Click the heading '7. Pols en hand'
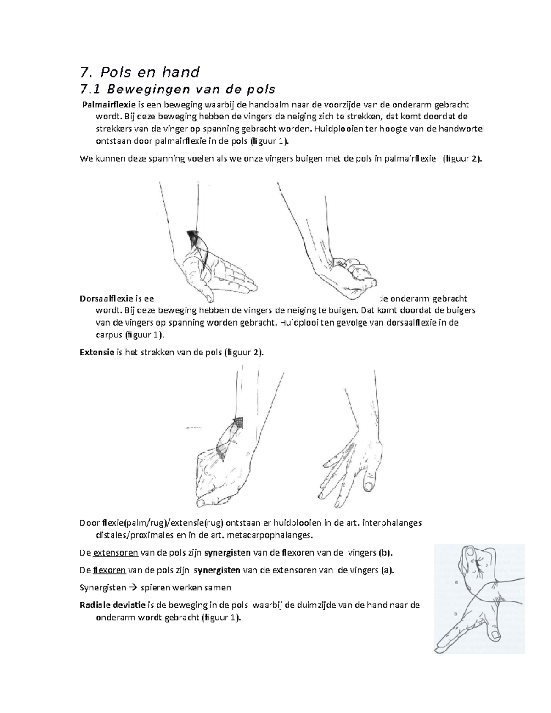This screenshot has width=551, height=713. point(140,72)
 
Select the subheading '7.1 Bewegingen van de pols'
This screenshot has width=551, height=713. point(177,89)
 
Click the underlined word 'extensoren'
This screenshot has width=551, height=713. point(112,552)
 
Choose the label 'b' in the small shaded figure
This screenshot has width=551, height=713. point(455,613)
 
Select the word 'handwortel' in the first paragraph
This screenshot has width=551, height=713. point(459,129)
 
